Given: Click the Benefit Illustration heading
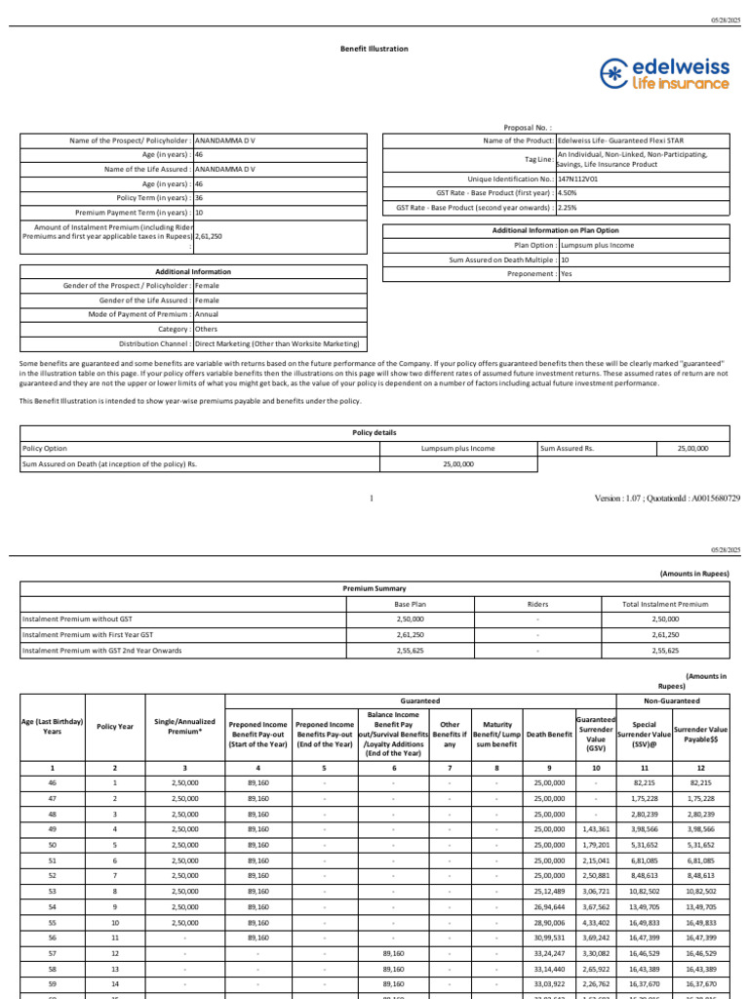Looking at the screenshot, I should [x=374, y=48].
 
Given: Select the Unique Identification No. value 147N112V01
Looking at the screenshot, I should [x=577, y=180].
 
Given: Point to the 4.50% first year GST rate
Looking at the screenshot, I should [x=567, y=193].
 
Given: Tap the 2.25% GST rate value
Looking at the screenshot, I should [x=567, y=208].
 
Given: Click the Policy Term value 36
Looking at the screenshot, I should [x=199, y=197].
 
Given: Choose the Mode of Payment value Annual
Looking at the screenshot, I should [x=208, y=315].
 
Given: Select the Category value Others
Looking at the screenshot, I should [x=207, y=329].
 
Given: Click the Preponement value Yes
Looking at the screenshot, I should [x=567, y=274].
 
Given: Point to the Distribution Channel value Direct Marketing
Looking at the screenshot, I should [x=276, y=343].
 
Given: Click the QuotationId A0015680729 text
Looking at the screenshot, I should [x=702, y=499].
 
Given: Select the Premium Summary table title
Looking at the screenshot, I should [x=374, y=589].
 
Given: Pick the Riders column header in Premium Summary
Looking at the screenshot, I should [x=536, y=605].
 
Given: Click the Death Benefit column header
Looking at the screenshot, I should [x=549, y=735].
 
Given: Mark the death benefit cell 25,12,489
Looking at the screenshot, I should [x=549, y=891].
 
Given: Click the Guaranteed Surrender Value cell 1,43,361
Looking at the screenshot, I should [x=596, y=829].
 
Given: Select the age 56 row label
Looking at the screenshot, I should [x=53, y=938].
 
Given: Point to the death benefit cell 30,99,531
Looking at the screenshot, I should [x=549, y=938].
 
